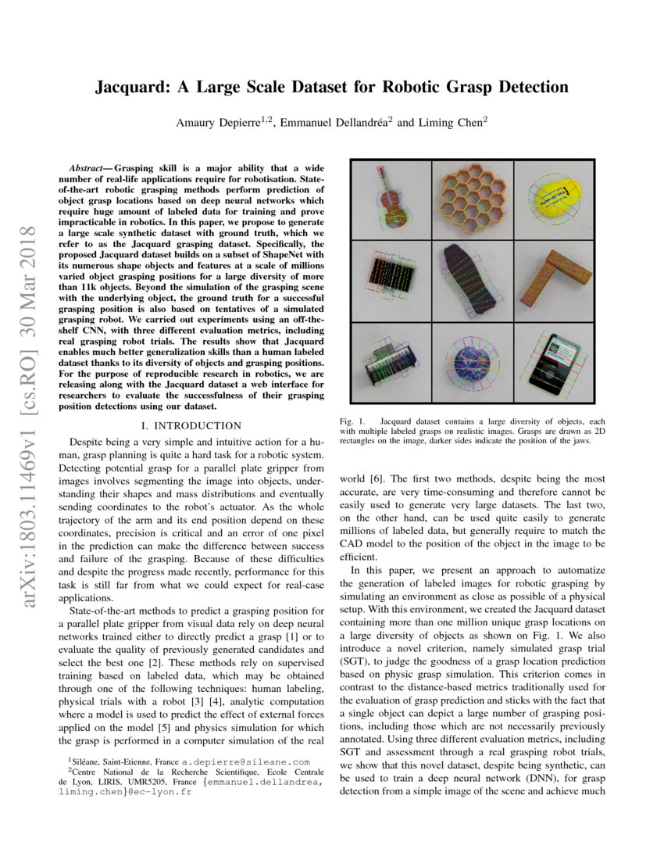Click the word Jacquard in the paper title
[x=134, y=87]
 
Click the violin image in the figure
[x=389, y=199]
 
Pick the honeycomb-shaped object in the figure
[x=472, y=199]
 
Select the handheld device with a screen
[x=554, y=363]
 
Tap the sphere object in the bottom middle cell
[x=472, y=364]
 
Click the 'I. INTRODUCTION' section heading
[x=189, y=425]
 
